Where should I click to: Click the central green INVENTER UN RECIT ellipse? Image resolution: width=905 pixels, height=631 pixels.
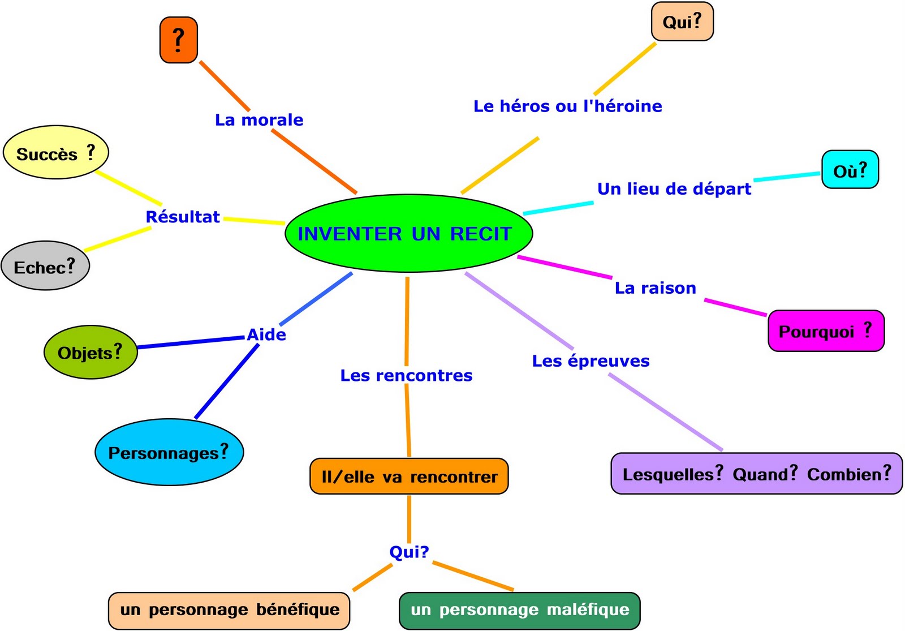pos(408,233)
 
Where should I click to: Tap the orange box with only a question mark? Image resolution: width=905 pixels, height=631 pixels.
pos(179,40)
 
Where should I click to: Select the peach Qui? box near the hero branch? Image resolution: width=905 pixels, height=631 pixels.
pos(682,22)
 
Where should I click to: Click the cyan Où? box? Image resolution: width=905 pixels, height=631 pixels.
pos(850,170)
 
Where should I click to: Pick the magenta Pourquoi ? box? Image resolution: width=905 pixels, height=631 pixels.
pos(825,331)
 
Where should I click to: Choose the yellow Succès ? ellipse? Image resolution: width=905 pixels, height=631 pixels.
pos(55,153)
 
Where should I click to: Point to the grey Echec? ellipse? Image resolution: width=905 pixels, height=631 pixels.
pos(45,266)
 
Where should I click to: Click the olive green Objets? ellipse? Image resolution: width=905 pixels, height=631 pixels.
pos(90,352)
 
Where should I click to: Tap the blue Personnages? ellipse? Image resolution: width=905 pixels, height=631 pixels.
pos(169,452)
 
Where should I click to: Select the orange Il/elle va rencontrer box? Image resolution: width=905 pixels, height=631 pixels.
pos(409,477)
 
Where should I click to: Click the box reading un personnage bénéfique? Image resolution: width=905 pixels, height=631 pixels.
pos(229,610)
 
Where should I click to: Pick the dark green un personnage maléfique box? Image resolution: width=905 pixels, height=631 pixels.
pos(519,610)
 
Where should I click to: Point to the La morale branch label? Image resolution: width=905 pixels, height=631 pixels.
pos(259,120)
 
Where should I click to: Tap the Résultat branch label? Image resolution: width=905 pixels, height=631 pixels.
pos(183,217)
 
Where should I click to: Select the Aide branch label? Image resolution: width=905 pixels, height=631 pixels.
pos(266,334)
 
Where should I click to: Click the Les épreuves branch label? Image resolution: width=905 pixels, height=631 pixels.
pos(591,361)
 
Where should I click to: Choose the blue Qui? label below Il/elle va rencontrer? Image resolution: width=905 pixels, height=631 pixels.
pos(409,552)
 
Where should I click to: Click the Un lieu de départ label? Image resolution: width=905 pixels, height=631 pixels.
pos(674,189)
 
